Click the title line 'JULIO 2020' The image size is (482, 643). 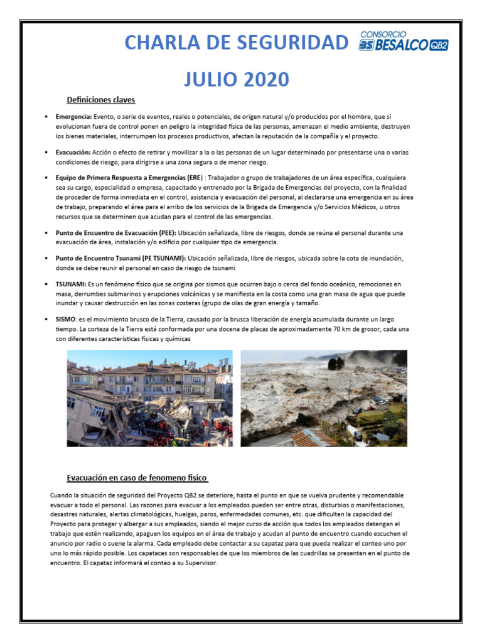coord(237,80)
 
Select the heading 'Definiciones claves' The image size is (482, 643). coord(101,100)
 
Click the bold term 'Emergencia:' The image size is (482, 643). coord(73,117)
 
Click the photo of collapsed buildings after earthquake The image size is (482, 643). coord(149,398)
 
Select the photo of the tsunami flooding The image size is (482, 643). coord(323,398)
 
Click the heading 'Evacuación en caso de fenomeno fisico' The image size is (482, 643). coord(137,478)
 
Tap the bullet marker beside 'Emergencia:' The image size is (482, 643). coord(46,117)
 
